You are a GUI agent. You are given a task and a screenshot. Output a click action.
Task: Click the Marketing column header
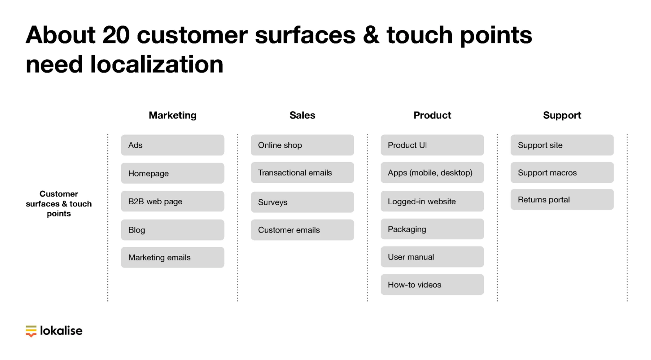172,115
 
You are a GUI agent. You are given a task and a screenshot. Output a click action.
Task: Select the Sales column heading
302,115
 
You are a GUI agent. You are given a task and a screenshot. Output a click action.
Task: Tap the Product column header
432,115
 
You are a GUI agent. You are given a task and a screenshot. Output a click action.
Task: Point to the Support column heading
562,115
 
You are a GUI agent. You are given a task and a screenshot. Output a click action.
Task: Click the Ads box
172,145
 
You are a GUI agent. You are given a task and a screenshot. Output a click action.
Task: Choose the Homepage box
172,173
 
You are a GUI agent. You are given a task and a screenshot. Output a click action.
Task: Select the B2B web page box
172,201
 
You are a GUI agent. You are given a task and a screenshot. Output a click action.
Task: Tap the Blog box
172,230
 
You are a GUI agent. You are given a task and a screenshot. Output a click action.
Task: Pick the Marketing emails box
172,257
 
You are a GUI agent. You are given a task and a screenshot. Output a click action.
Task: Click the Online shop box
302,145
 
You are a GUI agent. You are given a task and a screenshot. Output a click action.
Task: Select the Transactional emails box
302,173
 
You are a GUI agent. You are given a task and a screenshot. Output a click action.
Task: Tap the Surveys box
302,202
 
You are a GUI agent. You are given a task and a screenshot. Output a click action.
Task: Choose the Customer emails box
302,230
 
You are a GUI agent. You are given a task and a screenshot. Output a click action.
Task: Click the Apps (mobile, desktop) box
432,173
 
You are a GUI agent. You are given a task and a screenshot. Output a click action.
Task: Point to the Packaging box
432,229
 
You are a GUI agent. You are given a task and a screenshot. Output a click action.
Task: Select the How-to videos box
432,285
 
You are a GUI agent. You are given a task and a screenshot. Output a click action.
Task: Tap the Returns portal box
562,200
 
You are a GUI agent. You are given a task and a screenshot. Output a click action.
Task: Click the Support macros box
562,173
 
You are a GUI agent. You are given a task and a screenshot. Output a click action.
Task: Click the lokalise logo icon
31,331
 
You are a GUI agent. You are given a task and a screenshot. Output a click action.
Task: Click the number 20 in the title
116,35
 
